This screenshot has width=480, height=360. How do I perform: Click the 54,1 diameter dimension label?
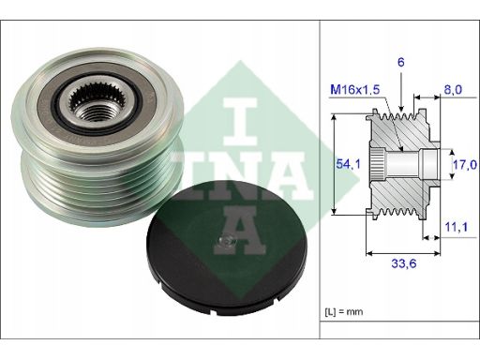[x=348, y=164]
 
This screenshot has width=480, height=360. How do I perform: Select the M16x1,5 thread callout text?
[x=355, y=90]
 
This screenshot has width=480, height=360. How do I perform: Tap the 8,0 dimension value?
[x=453, y=90]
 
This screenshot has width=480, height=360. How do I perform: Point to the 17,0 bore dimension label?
[x=465, y=164]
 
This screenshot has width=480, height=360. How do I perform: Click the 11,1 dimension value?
[x=457, y=227]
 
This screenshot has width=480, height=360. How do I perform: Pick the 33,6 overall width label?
[x=404, y=263]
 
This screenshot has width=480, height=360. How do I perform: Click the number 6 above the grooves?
[x=401, y=62]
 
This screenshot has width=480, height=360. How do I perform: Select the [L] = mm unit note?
[x=344, y=311]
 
